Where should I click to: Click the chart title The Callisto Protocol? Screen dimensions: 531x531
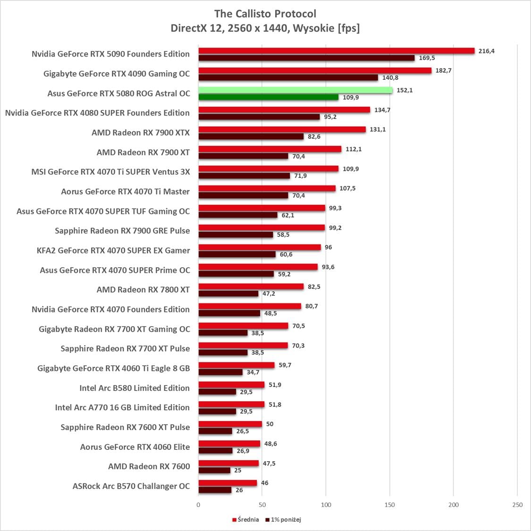coord(265,14)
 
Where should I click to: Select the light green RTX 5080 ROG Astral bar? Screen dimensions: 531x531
coord(295,90)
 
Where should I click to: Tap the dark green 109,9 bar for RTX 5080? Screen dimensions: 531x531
coord(268,97)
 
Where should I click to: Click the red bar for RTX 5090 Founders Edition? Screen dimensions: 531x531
coord(336,51)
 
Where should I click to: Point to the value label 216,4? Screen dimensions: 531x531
coord(486,51)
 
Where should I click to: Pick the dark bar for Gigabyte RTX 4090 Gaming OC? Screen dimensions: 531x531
coord(288,77)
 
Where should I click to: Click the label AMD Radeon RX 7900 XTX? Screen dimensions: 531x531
coord(141,133)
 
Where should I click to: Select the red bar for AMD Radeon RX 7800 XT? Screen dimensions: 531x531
coord(251,287)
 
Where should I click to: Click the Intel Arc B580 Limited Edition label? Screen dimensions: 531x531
coord(135,388)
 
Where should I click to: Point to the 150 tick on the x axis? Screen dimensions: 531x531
coord(389,505)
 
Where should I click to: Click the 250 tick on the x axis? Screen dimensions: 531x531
coord(517,505)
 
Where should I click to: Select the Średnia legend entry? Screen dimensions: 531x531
coord(245,520)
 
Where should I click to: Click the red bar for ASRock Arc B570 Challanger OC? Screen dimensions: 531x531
coord(228,483)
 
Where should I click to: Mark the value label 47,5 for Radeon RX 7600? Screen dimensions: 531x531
coord(269,464)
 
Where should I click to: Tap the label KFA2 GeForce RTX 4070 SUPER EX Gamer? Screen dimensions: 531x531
coord(113,251)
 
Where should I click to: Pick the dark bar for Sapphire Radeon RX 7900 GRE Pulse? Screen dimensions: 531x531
coord(236,235)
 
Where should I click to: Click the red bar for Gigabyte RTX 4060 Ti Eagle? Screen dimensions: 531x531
coord(236,365)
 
